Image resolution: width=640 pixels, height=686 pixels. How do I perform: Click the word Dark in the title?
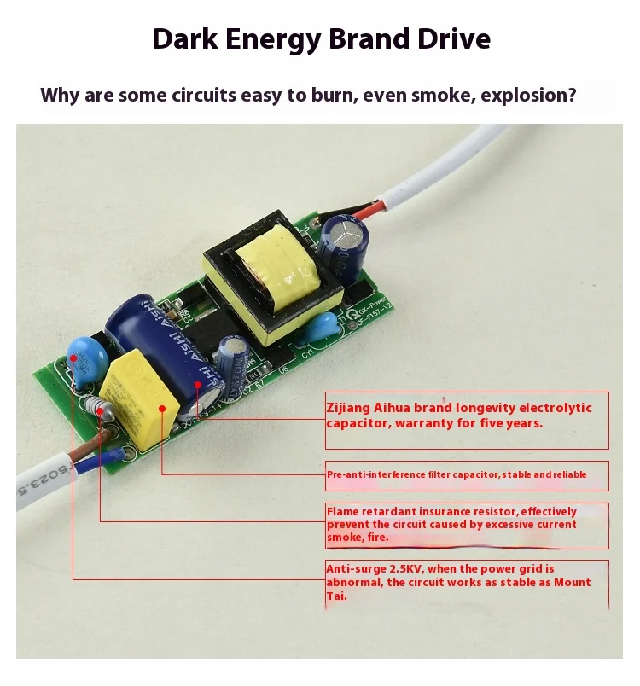coord(181,40)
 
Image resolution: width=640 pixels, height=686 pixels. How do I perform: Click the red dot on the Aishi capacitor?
coord(197,385)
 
